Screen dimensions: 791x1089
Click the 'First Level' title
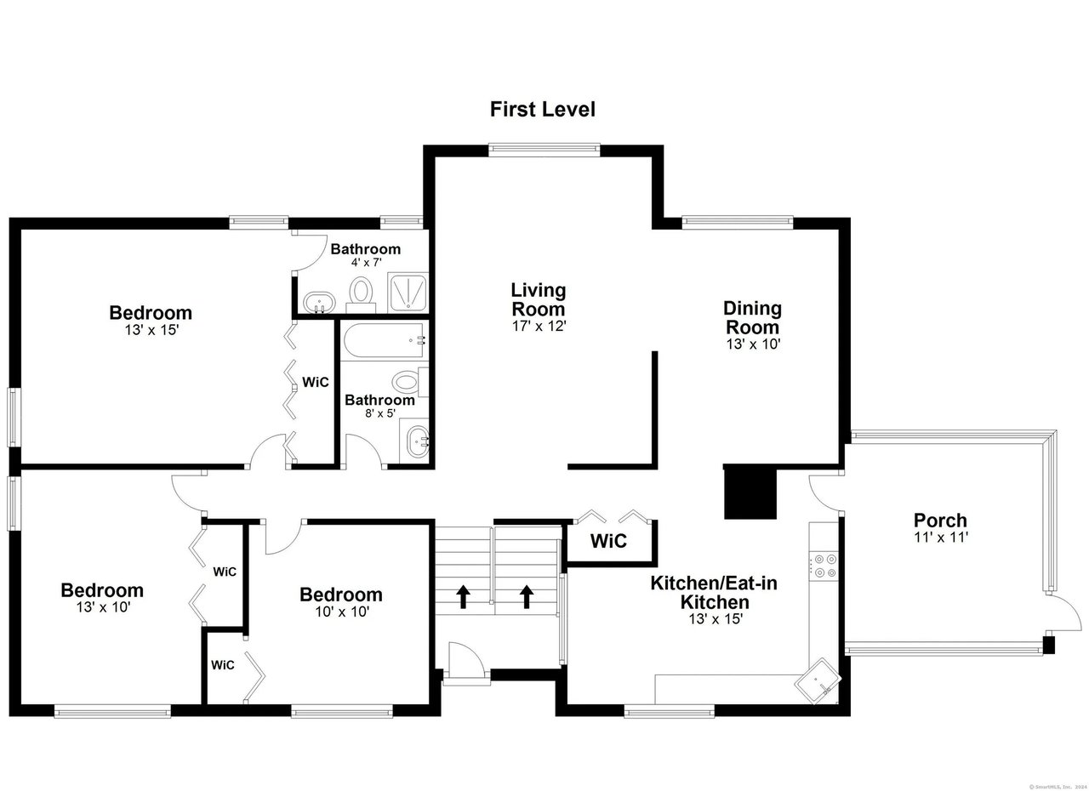[542, 110]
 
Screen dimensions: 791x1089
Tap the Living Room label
[538, 299]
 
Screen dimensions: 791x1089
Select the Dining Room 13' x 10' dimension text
[752, 344]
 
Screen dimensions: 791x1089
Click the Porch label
[940, 520]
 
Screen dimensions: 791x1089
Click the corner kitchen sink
[818, 680]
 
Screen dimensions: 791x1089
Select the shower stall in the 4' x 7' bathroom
[409, 292]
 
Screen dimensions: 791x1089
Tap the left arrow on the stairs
[464, 595]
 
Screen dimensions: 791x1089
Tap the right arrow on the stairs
[526, 595]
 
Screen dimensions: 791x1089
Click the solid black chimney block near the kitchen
[750, 492]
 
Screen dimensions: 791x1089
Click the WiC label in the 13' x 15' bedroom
[316, 382]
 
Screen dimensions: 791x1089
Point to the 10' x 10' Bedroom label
[339, 595]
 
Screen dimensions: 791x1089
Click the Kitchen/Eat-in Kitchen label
[714, 593]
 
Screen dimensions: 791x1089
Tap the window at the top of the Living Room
[544, 150]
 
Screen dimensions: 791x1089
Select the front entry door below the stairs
[465, 664]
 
